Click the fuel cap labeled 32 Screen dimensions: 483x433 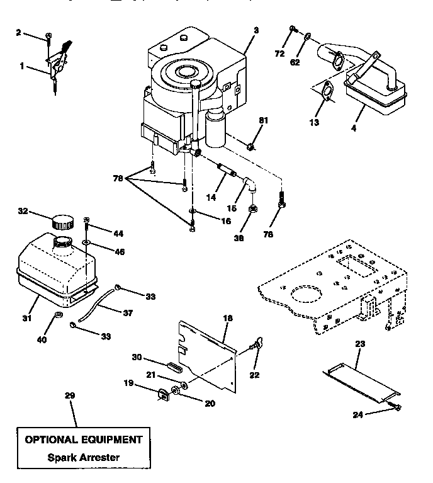60,222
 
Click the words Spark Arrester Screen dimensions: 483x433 83,457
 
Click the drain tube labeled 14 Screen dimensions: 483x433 226,171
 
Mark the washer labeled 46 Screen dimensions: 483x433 87,242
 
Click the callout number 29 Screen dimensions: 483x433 69,395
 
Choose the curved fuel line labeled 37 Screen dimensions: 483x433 101,304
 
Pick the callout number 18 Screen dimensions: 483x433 228,319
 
